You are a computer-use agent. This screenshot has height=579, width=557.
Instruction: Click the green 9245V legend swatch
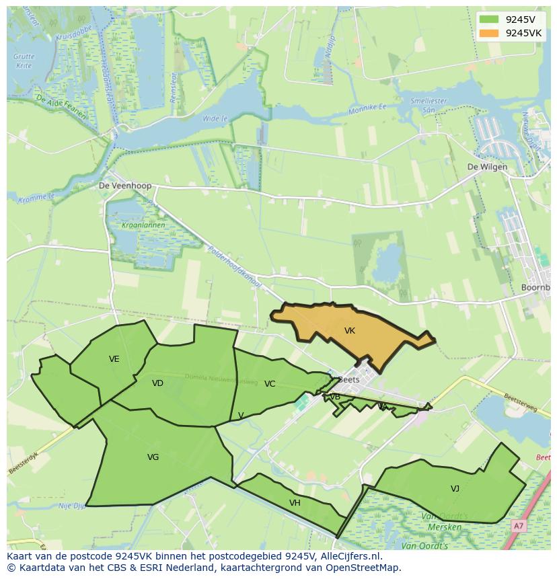tap(489, 20)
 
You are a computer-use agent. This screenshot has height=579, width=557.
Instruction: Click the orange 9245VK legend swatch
tap(489, 33)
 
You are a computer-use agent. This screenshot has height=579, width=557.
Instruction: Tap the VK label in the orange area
tap(349, 331)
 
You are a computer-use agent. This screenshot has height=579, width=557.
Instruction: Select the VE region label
tap(114, 359)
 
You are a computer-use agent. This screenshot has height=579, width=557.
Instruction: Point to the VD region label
tap(157, 383)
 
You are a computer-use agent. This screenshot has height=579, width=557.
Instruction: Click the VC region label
tap(270, 384)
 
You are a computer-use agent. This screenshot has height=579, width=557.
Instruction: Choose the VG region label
tap(153, 457)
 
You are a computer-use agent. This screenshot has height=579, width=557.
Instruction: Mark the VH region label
tap(295, 503)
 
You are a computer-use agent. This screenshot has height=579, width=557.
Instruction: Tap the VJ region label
tap(455, 489)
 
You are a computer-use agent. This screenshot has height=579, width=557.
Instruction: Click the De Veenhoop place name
tap(125, 186)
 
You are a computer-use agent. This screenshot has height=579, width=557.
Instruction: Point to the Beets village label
tap(349, 379)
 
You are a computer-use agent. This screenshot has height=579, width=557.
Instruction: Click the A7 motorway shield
tap(518, 526)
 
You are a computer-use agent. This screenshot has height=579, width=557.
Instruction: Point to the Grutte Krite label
tap(24, 61)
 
